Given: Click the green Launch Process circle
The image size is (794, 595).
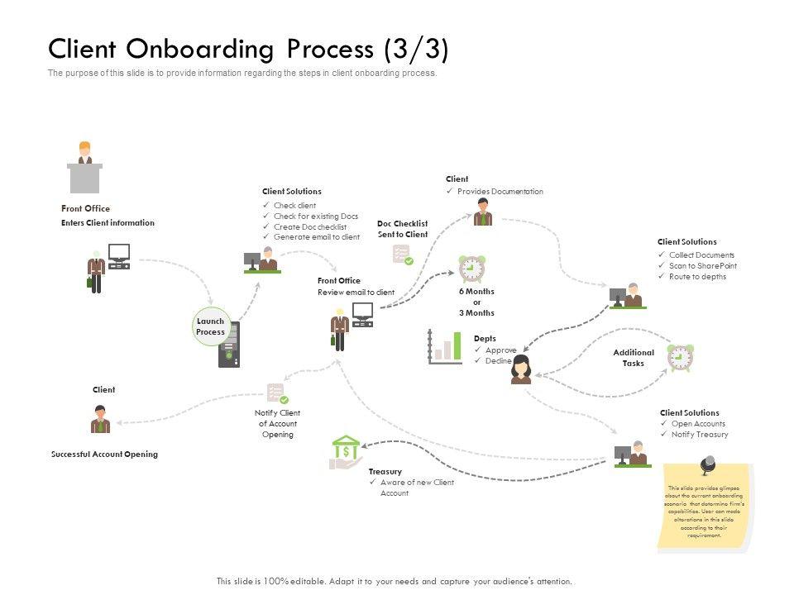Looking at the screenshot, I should tap(210, 326).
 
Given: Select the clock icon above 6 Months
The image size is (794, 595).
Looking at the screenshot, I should tap(471, 269).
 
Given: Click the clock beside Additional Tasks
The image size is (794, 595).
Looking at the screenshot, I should tap(680, 357).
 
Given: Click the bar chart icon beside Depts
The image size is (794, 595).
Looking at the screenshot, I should tap(445, 347).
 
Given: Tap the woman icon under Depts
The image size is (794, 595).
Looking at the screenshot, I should tap(521, 369).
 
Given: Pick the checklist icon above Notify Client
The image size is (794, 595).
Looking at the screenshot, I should tap(277, 393).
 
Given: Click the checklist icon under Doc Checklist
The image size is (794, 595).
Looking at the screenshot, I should tap(402, 255).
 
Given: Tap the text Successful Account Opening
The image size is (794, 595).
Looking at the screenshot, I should tap(104, 455).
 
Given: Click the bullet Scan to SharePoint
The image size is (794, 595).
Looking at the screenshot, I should tap(702, 266).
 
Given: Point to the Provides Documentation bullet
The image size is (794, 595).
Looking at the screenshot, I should tap(500, 192).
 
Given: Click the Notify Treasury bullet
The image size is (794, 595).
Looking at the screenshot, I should tap(700, 435).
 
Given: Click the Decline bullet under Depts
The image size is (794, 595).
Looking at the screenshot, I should tap(500, 361).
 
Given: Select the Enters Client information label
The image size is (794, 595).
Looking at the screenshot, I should tap(108, 223).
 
